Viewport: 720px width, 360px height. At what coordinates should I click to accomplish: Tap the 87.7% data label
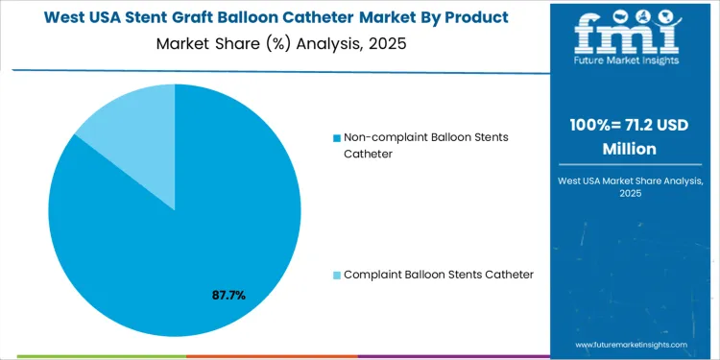[228, 296]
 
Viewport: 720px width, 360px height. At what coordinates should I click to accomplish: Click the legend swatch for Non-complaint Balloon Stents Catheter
[336, 138]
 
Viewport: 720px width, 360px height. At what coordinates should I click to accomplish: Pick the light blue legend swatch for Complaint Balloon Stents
[336, 276]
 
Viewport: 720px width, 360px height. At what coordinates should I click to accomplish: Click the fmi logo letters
[630, 35]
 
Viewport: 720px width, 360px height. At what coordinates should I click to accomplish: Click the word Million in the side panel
[630, 149]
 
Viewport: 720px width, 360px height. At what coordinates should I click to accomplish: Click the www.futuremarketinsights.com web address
[631, 344]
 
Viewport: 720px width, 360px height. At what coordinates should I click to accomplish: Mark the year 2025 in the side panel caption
[630, 194]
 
